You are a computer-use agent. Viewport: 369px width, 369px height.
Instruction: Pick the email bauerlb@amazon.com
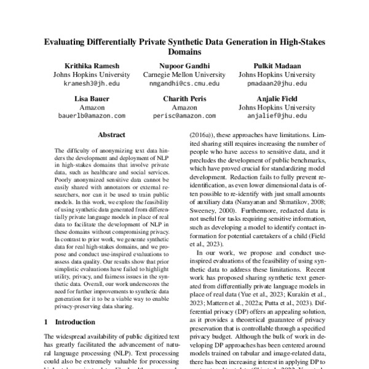(90, 115)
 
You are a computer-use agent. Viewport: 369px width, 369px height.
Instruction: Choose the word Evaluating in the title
(66, 41)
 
